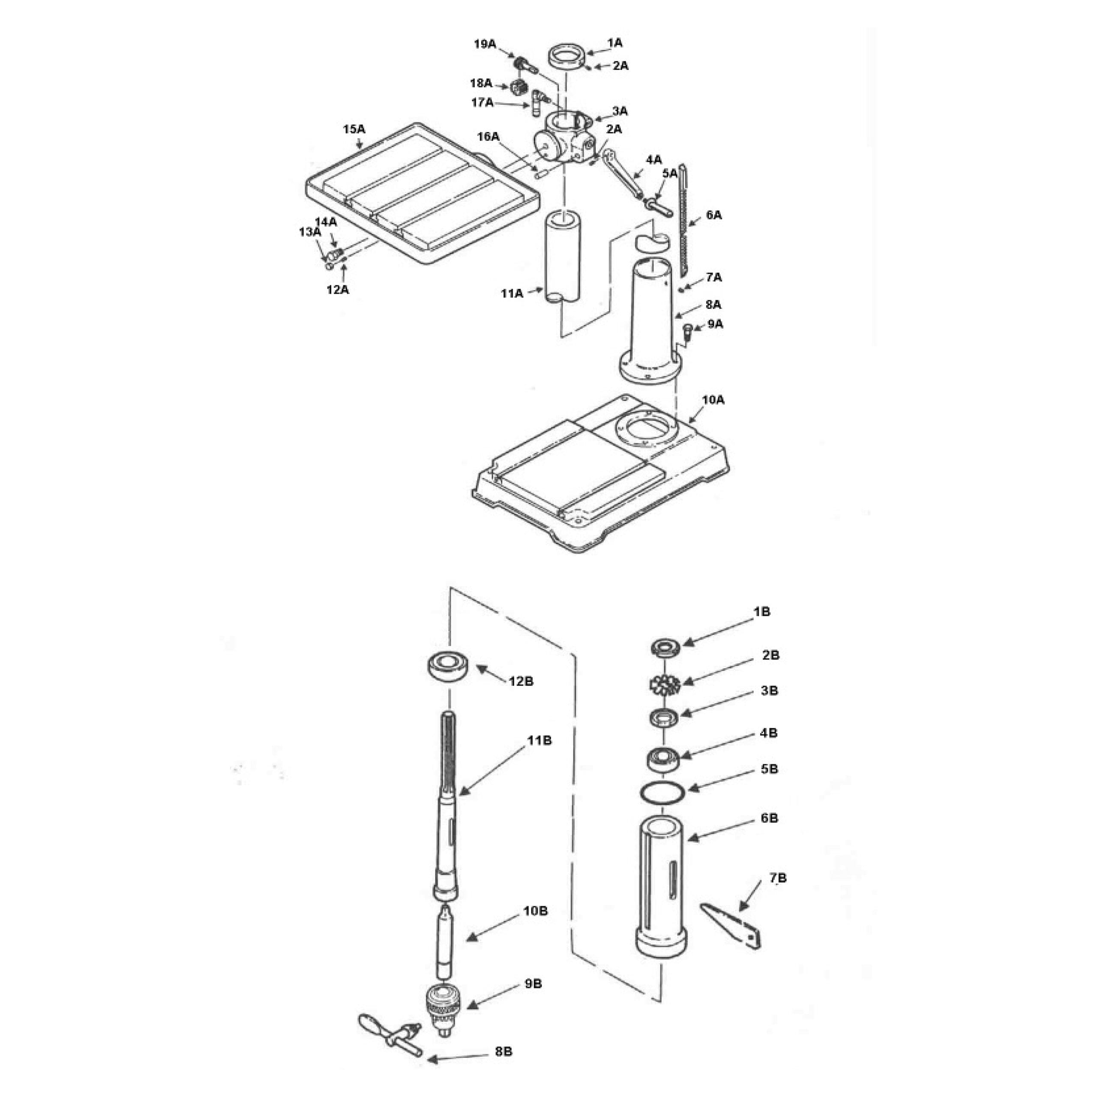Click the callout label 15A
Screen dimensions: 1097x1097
pos(354,129)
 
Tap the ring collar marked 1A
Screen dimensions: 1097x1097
pos(566,57)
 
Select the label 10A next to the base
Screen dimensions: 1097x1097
pos(713,400)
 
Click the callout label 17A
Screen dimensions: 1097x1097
pos(483,103)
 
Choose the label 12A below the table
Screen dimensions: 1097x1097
pos(337,290)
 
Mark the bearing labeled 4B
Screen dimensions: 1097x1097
pos(662,758)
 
